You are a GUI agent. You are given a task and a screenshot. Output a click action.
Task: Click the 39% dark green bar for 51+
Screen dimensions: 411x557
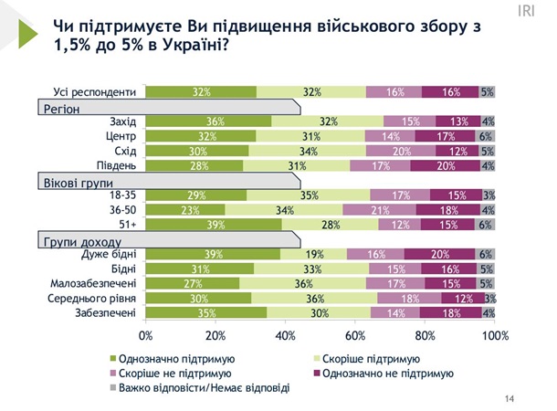point(214,224)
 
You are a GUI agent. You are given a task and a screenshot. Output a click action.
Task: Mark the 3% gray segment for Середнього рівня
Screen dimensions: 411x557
point(489,297)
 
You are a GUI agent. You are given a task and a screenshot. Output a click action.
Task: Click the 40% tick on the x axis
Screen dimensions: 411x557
point(286,336)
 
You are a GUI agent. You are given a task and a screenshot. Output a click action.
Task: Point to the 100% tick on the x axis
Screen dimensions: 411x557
point(493,336)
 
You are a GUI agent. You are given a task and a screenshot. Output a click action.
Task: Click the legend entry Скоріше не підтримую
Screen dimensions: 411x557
point(170,373)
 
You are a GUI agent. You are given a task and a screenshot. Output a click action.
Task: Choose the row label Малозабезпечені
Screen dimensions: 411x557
point(96,283)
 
